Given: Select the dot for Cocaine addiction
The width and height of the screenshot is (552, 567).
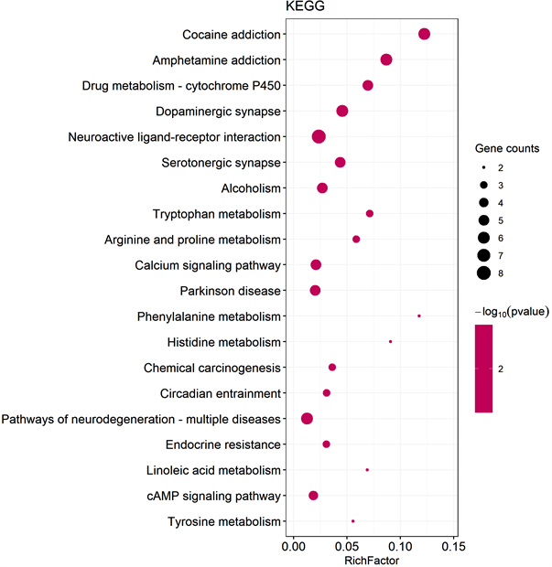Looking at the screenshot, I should pyautogui.click(x=424, y=34).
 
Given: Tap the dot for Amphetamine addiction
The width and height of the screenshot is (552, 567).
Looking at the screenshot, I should pyautogui.click(x=386, y=59).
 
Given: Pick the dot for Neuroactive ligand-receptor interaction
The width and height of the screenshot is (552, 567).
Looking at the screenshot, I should pyautogui.click(x=319, y=136).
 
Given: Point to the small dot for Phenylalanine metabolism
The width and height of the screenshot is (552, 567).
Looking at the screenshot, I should pyautogui.click(x=419, y=316).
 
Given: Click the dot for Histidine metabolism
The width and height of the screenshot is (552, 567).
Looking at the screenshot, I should pyautogui.click(x=391, y=341).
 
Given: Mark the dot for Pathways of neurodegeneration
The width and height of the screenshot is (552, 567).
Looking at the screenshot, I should pyautogui.click(x=308, y=418).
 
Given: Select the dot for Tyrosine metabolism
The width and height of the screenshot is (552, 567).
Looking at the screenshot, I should pyautogui.click(x=353, y=520).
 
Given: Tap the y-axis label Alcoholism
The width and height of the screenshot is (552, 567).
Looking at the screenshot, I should pyautogui.click(x=251, y=188).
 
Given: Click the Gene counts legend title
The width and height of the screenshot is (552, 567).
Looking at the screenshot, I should pyautogui.click(x=506, y=148).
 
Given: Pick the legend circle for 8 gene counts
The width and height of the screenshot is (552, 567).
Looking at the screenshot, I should pyautogui.click(x=483, y=273).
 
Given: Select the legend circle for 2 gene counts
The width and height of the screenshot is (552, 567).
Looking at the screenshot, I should pyautogui.click(x=483, y=168).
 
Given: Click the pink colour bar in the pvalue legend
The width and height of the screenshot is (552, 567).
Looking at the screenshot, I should pyautogui.click(x=483, y=369).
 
